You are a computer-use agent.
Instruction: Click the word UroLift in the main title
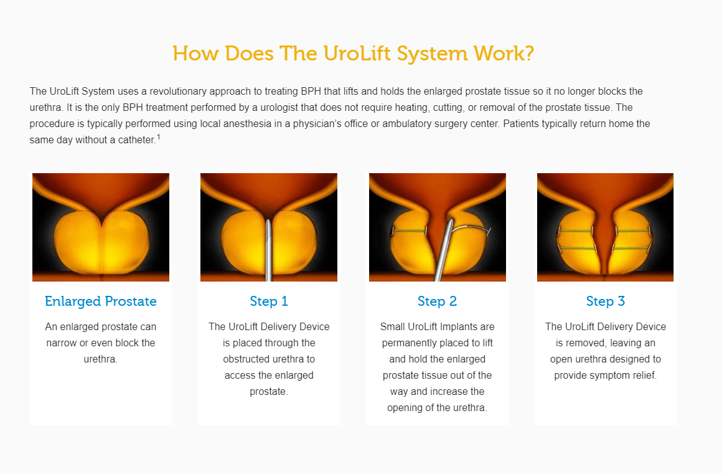click(357, 54)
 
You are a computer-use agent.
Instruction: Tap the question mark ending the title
click(529, 54)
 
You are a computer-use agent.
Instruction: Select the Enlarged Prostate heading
click(101, 301)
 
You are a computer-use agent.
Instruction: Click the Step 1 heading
click(269, 301)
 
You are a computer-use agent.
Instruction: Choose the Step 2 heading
click(437, 301)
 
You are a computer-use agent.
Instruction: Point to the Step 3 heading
click(606, 301)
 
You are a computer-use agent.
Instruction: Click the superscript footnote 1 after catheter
click(158, 137)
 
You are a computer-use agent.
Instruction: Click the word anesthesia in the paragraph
click(248, 123)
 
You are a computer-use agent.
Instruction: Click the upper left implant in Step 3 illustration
click(575, 230)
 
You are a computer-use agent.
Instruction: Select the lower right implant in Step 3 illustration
click(631, 249)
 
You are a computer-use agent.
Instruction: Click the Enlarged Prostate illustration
click(101, 227)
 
